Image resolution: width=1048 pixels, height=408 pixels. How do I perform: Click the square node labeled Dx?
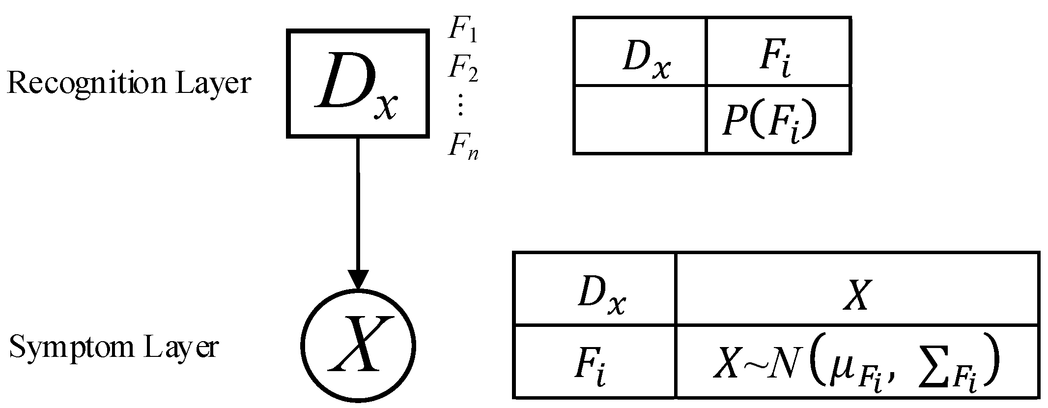tap(357, 84)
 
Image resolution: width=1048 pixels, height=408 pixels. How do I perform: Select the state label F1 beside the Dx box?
tap(462, 31)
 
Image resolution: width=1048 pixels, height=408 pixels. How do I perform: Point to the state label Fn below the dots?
tap(462, 146)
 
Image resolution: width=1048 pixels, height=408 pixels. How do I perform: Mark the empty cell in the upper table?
tap(640, 120)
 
